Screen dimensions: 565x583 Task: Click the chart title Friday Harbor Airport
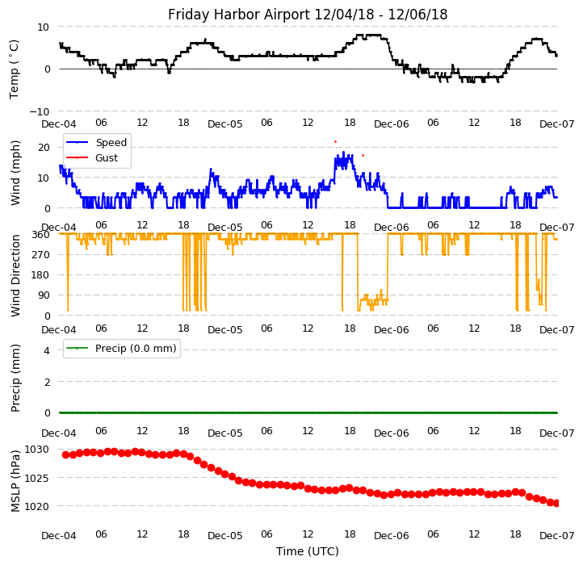[x=308, y=15]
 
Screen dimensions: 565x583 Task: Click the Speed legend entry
[x=111, y=143]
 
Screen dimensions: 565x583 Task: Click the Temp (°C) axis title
[x=15, y=69]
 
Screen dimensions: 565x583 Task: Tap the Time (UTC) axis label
[x=308, y=551]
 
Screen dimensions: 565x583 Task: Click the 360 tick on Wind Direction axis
[x=40, y=235]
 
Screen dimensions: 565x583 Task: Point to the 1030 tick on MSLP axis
[x=36, y=450]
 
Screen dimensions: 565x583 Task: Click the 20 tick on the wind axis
[x=44, y=147]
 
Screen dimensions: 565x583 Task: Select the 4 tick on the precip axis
[x=47, y=350]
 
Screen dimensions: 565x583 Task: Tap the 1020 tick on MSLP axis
[x=36, y=507]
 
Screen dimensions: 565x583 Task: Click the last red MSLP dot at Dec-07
[x=556, y=503]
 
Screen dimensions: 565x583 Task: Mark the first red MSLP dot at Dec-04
[x=65, y=454]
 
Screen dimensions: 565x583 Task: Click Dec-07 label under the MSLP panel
[x=556, y=535]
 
